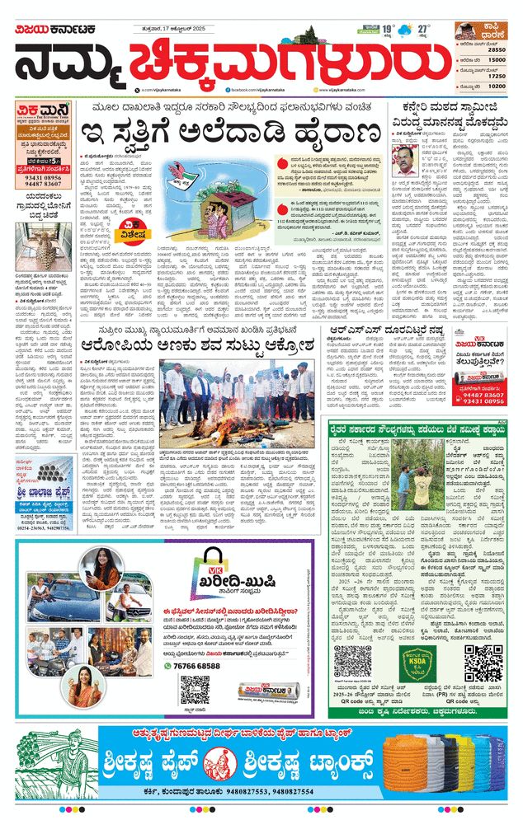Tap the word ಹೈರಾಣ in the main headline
point(339,133)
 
